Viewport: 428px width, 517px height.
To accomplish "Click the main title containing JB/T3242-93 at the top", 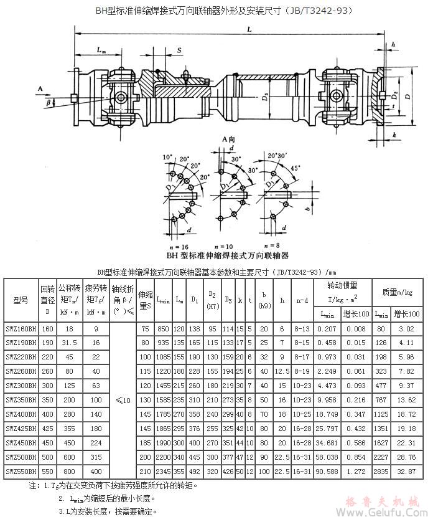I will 215,10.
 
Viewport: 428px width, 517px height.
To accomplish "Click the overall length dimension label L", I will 248,29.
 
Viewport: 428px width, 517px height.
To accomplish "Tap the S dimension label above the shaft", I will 179,49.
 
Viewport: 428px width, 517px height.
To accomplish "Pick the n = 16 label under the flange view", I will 177,230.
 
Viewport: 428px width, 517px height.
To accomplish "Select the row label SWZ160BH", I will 21,328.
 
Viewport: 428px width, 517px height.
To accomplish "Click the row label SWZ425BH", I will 21,429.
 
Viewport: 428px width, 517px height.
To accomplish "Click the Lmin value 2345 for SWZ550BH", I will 164,472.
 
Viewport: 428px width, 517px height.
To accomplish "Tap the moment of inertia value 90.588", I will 326,472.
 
